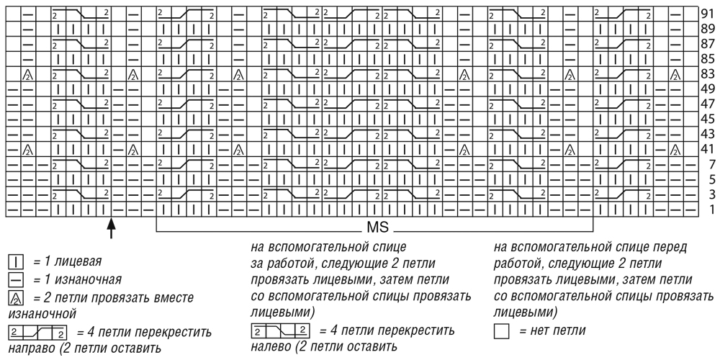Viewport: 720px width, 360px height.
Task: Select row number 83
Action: point(707,73)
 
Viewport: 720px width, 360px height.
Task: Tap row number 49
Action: point(707,89)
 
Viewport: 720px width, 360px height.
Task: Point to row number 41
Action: point(707,149)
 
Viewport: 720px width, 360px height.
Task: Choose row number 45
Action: point(707,119)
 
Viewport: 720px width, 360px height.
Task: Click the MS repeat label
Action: point(378,228)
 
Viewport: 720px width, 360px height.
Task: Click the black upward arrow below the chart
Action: point(110,229)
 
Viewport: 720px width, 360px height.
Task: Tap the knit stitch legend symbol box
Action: point(16,262)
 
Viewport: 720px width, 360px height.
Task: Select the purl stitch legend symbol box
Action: point(16,279)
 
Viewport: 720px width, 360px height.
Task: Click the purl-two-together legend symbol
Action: point(16,297)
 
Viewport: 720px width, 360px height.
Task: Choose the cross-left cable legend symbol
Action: point(281,330)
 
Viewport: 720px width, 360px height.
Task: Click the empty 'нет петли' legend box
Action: point(502,330)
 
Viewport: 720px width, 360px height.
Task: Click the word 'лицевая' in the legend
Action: point(76,262)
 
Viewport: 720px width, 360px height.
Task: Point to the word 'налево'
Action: point(271,346)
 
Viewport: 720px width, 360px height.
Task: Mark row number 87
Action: point(707,44)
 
